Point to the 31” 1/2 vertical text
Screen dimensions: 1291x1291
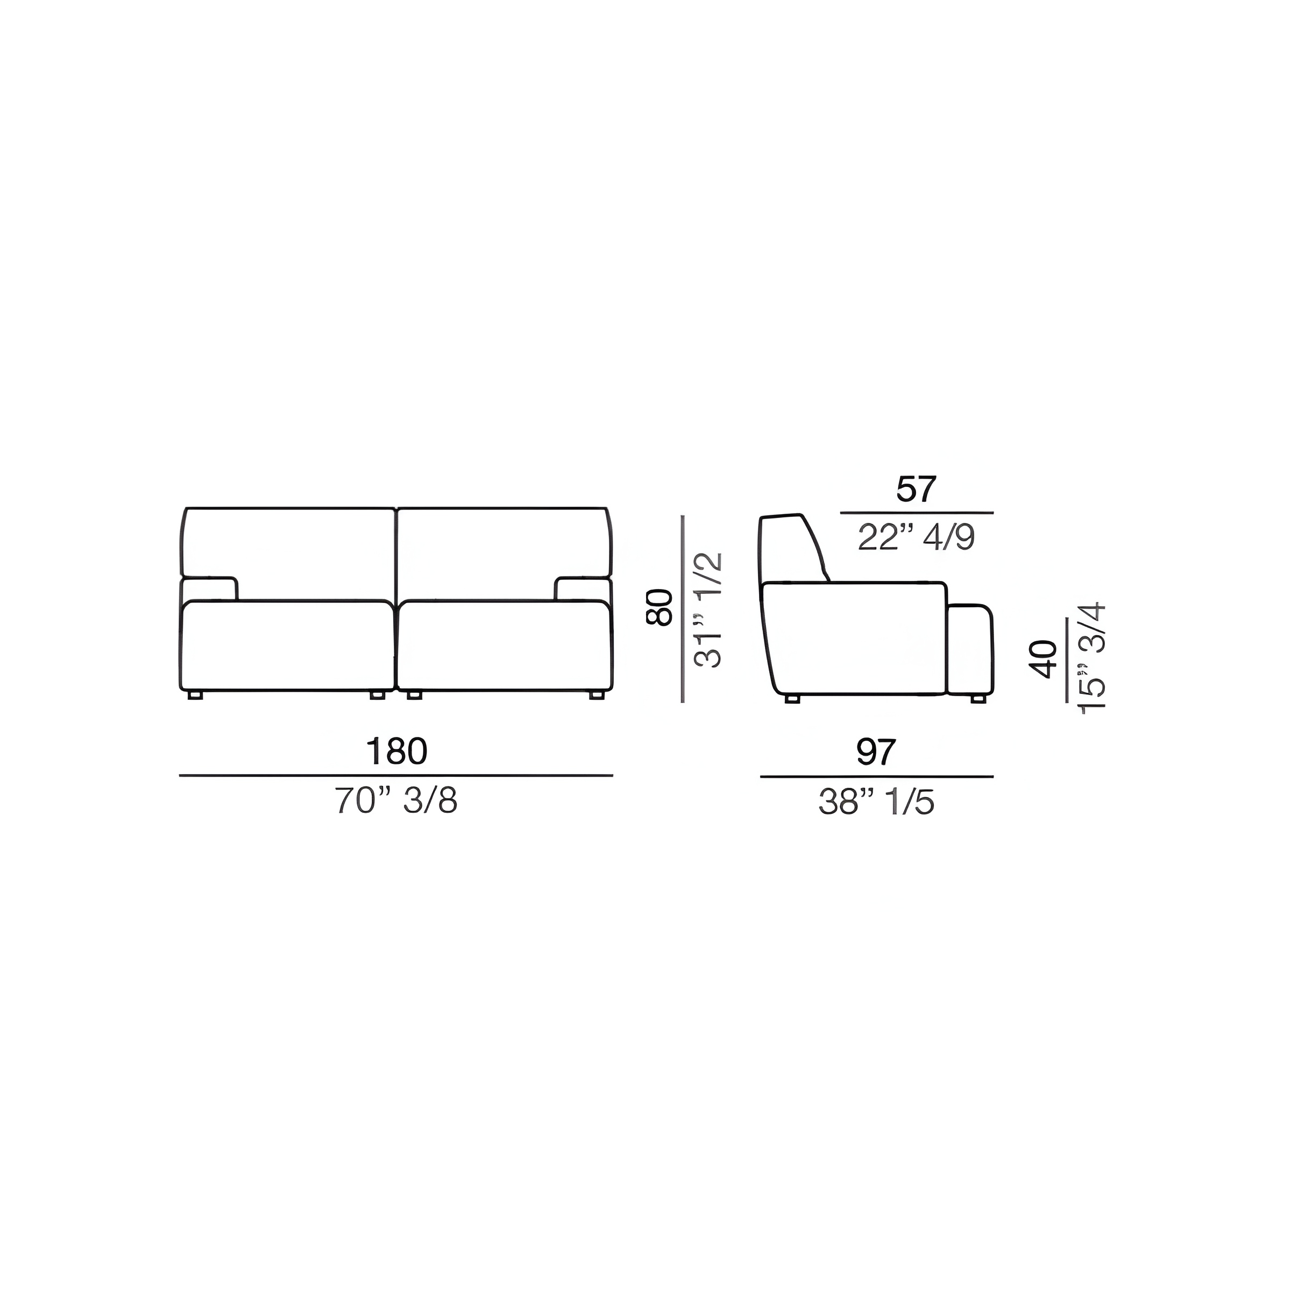tap(708, 609)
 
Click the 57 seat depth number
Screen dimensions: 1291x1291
tap(917, 490)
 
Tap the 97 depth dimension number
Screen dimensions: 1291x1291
tap(876, 753)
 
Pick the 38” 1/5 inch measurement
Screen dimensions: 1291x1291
tap(876, 803)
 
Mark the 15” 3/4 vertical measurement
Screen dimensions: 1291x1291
tap(1093, 659)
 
